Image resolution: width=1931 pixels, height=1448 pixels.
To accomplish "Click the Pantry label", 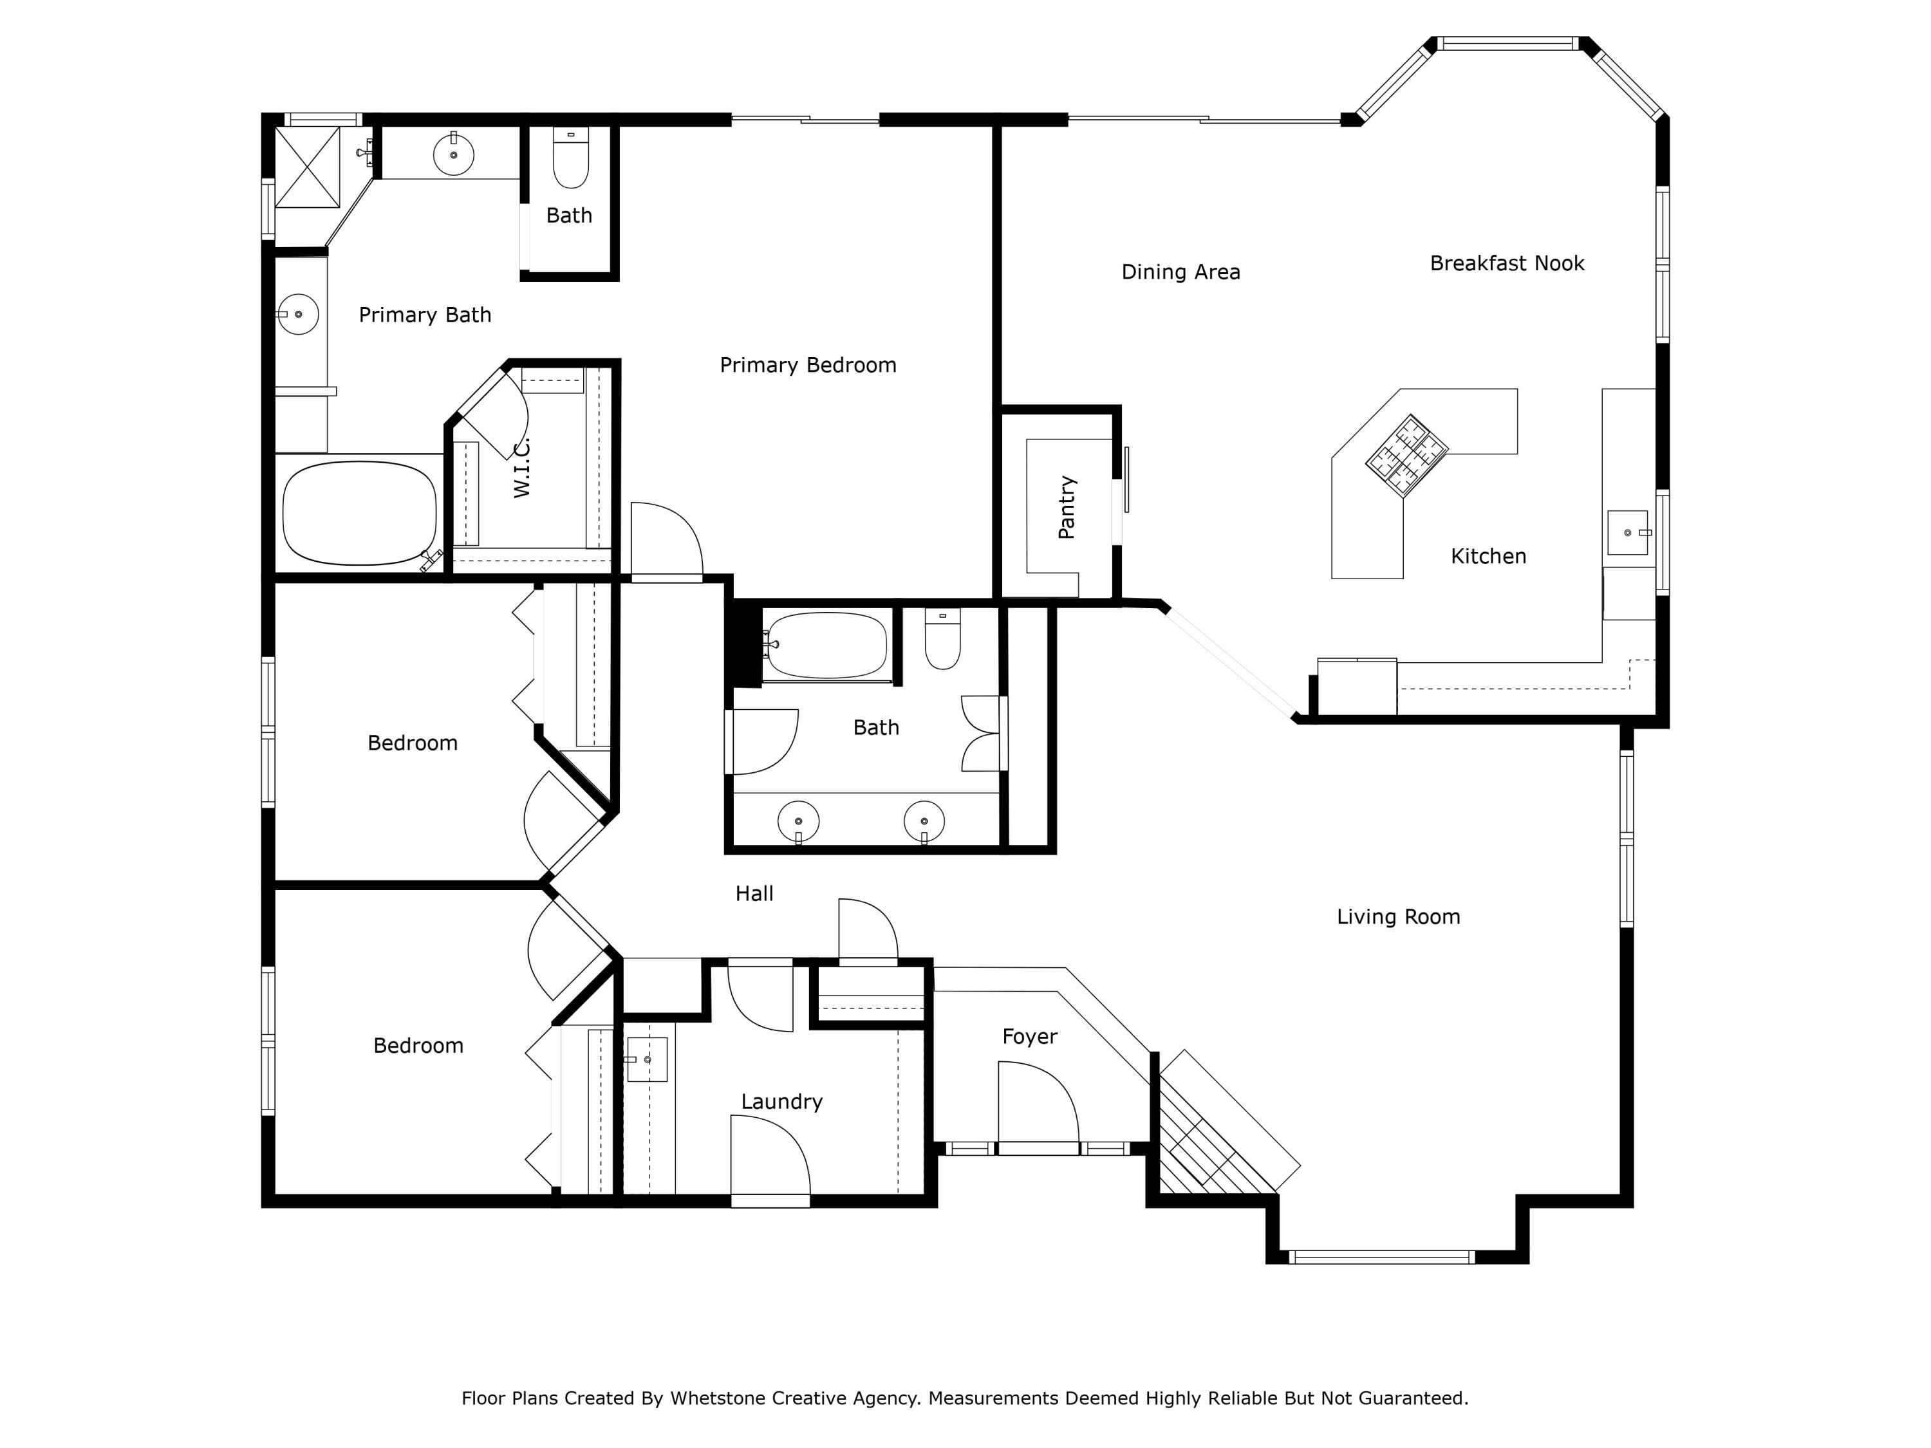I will tap(1066, 507).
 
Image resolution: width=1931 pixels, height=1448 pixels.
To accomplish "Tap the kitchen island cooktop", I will tap(1406, 456).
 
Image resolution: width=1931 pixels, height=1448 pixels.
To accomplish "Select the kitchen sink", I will tap(1627, 532).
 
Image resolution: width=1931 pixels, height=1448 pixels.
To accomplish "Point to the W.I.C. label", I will tap(522, 468).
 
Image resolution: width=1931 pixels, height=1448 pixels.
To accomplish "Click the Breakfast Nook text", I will tap(1507, 264).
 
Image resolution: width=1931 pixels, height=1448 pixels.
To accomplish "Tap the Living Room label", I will tap(1397, 916).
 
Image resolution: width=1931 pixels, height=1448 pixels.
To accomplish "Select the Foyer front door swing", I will tap(1036, 1104).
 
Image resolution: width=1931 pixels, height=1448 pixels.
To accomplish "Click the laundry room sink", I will tap(647, 1059).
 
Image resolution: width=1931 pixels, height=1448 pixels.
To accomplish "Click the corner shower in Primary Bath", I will tap(307, 167).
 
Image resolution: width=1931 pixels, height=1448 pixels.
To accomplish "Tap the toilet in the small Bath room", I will tap(571, 161).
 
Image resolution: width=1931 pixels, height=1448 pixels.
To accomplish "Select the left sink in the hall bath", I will tap(798, 821).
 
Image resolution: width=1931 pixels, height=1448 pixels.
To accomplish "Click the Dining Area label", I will tap(1180, 272).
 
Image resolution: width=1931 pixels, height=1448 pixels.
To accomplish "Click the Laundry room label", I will tap(781, 1102).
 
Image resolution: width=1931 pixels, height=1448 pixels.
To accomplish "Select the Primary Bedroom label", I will tap(808, 365).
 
